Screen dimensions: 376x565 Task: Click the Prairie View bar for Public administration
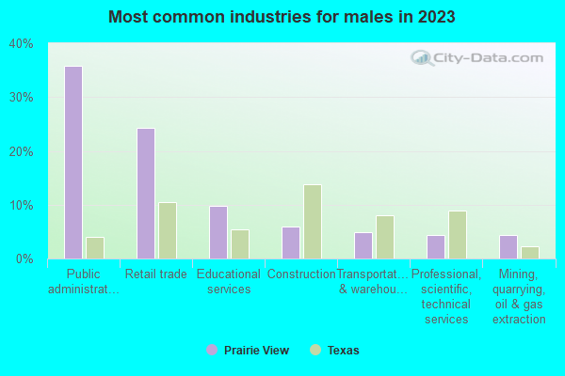point(73,163)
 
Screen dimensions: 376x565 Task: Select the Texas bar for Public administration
point(95,248)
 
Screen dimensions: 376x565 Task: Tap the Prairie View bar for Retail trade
point(146,194)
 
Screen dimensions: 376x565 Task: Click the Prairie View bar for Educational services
point(218,232)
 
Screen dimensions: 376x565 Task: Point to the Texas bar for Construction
point(313,222)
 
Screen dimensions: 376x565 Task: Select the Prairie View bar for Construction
point(291,243)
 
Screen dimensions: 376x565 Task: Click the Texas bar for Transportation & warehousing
point(385,237)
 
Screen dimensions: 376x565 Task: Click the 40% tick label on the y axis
point(21,44)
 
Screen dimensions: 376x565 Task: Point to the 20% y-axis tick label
point(21,151)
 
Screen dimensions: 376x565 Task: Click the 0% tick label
point(24,258)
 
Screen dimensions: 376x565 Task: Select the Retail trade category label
point(155,274)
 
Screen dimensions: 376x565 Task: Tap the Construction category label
point(301,274)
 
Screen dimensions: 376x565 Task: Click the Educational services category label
point(229,282)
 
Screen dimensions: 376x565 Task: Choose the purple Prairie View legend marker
point(212,350)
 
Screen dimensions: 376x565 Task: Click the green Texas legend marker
point(315,350)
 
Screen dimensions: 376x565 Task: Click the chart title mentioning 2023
point(282,17)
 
